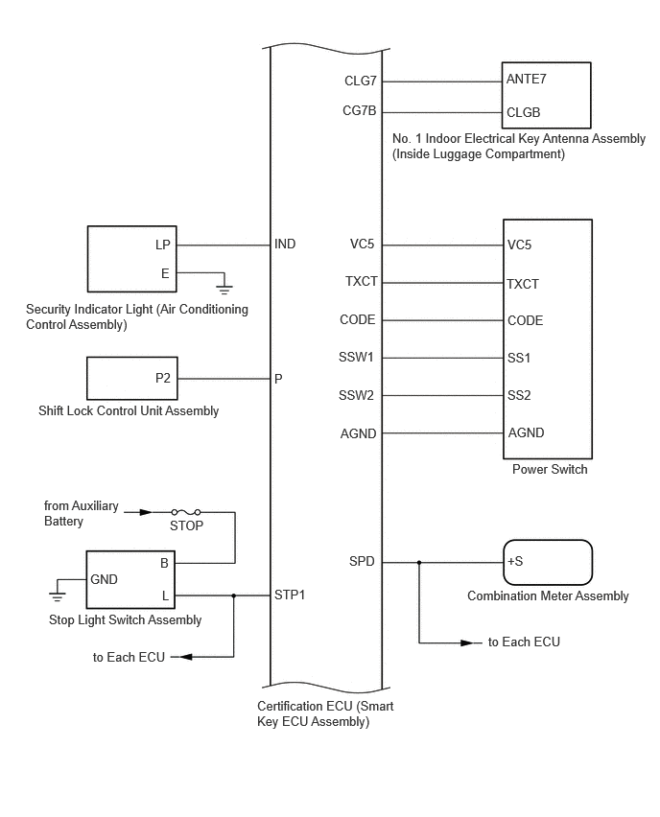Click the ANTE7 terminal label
pos(526,81)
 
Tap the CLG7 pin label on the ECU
pos(360,81)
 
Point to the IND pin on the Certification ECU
pos(285,245)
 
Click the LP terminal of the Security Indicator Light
pos(163,245)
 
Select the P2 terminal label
pos(163,379)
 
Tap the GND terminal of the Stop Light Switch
pos(104,580)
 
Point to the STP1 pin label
pos(290,595)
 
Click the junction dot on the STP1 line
pos(234,595)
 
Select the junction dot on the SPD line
pos(418,562)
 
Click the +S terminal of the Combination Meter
pos(515,562)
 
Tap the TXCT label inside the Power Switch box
pos(523,284)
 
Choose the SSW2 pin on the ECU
pos(357,395)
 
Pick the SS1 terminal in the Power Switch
pos(519,358)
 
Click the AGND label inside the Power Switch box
pos(525,433)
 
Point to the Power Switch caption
pos(550,470)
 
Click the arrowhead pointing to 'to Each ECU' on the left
pos(186,657)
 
